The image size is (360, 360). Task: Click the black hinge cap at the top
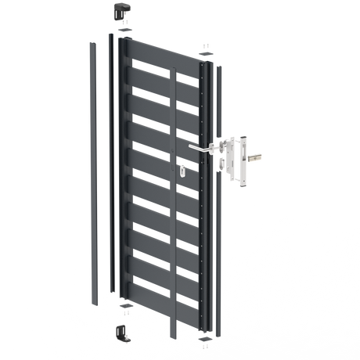point(122,9)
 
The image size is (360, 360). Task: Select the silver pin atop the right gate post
point(206,49)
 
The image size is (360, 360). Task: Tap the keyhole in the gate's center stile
point(182,171)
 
